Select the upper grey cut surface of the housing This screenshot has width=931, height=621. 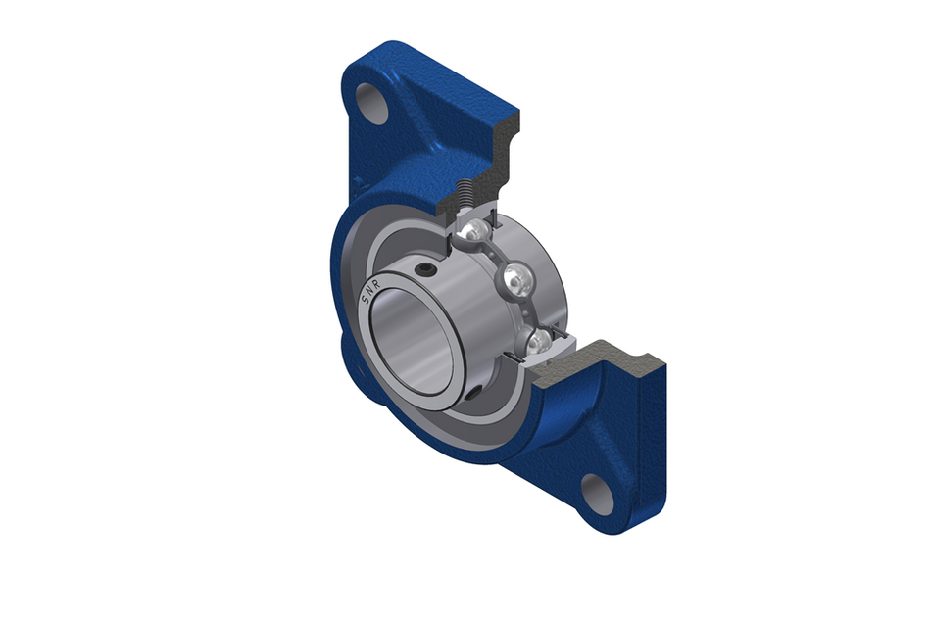point(490,157)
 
